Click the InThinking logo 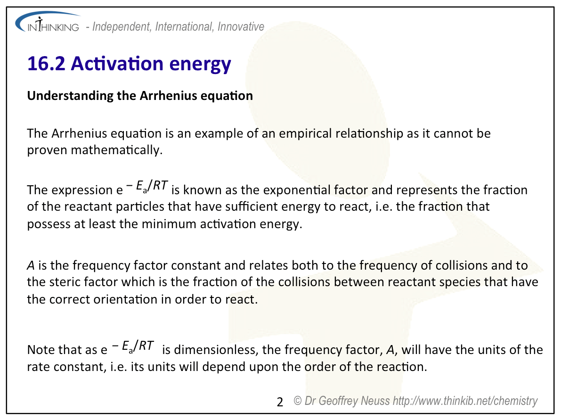(48, 23)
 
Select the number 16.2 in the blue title (46, 64)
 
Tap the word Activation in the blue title (117, 64)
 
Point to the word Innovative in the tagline (241, 26)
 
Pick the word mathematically (117, 150)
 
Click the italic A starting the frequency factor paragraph (31, 266)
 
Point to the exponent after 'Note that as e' (132, 346)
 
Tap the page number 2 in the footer (280, 402)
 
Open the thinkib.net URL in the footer (465, 401)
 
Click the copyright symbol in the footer (298, 401)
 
